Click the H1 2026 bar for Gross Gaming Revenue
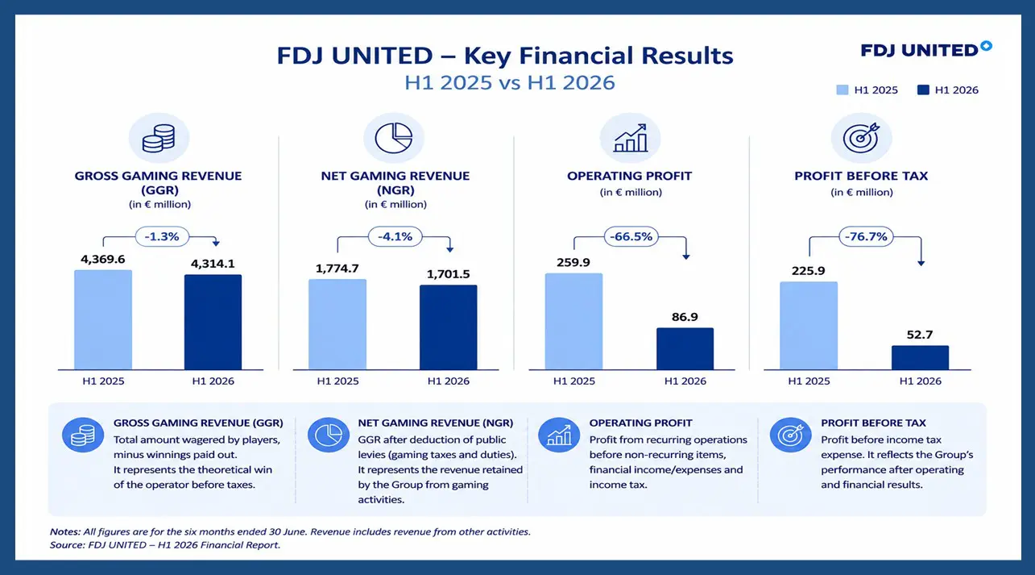click(213, 322)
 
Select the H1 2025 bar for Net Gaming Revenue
click(337, 324)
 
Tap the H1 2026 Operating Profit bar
click(685, 349)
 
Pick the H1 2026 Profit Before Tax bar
click(920, 357)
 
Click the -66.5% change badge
click(631, 237)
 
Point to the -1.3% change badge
click(162, 237)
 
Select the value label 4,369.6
click(103, 259)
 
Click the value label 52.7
click(920, 335)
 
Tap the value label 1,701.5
click(448, 274)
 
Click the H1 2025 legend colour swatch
click(842, 90)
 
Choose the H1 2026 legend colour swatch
click(923, 90)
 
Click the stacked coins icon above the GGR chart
click(159, 138)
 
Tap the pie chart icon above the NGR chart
click(394, 138)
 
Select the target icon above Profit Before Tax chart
click(861, 138)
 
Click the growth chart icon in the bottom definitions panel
click(559, 435)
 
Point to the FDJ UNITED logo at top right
click(926, 49)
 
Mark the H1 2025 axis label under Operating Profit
click(573, 381)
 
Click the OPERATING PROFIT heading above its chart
click(629, 177)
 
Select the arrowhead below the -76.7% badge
click(921, 263)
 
